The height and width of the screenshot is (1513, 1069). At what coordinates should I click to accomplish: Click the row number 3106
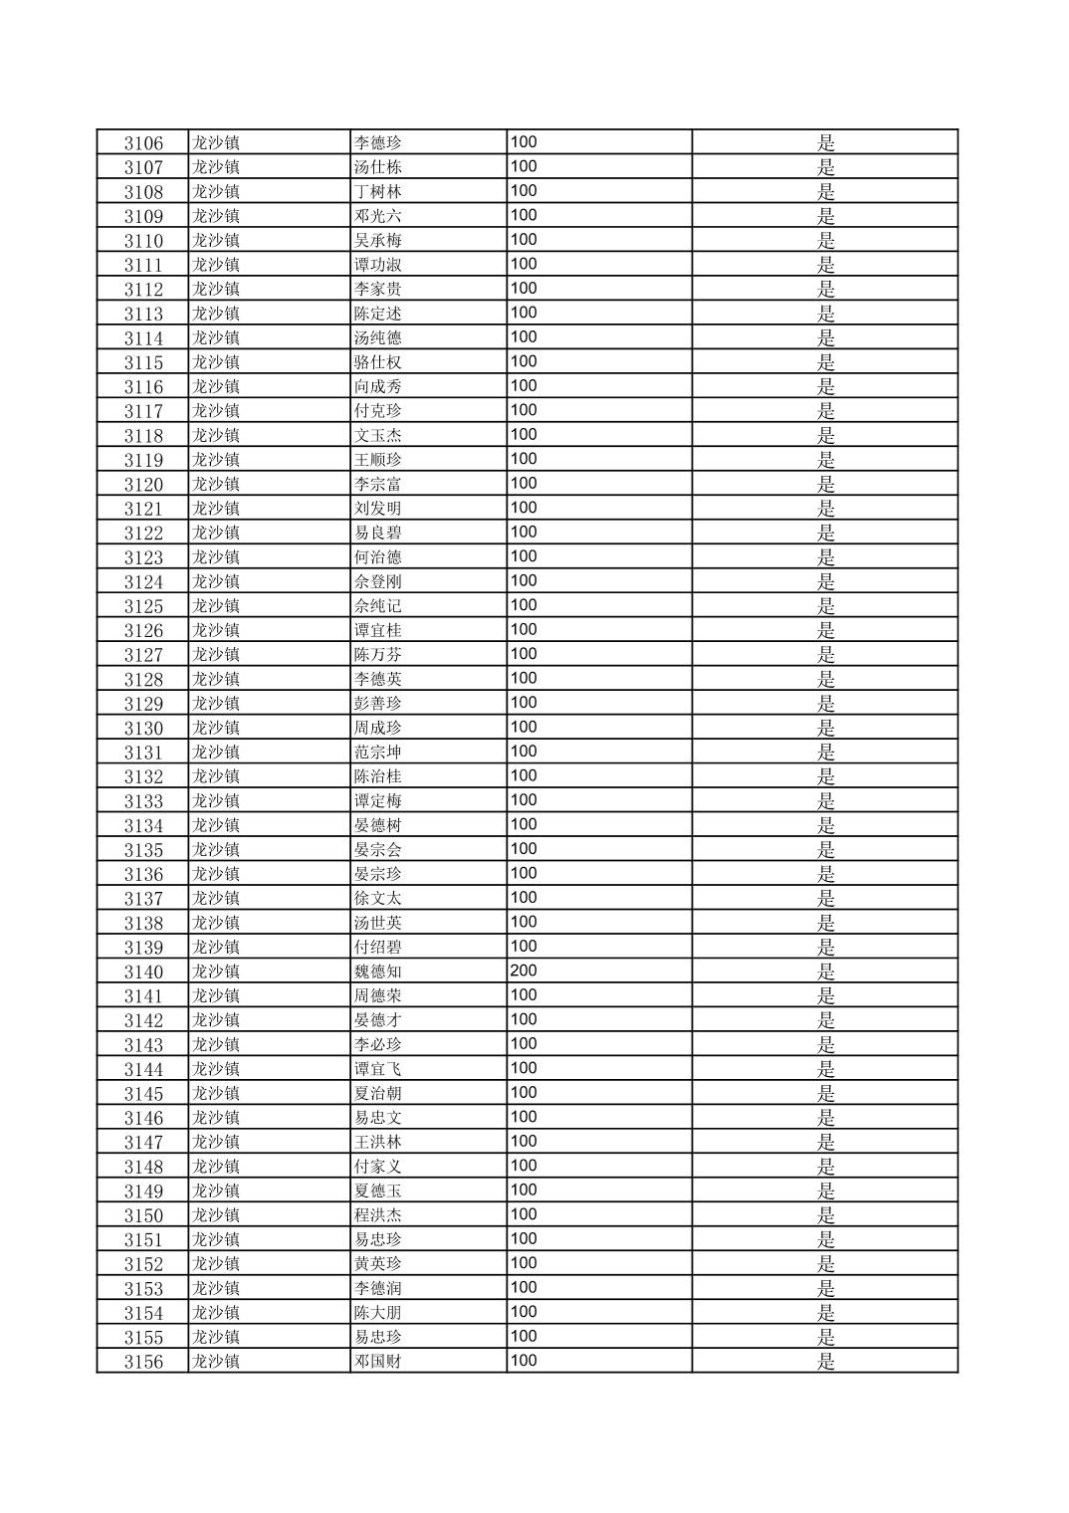[x=143, y=143]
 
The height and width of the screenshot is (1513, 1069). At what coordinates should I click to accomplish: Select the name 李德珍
[x=378, y=143]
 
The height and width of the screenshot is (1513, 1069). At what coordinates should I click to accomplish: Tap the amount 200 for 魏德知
[x=524, y=971]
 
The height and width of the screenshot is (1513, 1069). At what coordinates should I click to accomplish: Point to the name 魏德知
[x=378, y=972]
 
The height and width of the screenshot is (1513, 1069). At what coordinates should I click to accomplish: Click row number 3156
[x=143, y=1362]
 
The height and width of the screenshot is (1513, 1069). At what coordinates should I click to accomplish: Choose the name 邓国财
[x=378, y=1362]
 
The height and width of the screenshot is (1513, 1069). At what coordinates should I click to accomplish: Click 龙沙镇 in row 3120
[x=216, y=485]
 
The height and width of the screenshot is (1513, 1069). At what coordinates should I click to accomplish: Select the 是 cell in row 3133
[x=826, y=801]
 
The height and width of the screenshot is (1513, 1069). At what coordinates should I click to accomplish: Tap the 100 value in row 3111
[x=524, y=264]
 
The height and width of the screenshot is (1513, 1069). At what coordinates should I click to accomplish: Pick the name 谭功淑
[x=378, y=265]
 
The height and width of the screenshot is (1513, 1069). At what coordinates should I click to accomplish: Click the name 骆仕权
[x=378, y=362]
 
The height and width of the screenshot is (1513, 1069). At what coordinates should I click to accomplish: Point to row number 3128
[x=143, y=680]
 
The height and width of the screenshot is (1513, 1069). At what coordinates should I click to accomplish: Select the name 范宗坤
[x=378, y=753]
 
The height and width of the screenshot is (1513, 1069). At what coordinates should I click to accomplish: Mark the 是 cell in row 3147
[x=826, y=1143]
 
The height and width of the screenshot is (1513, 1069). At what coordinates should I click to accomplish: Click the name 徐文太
[x=378, y=899]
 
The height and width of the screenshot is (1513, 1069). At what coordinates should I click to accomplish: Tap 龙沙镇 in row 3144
[x=216, y=1069]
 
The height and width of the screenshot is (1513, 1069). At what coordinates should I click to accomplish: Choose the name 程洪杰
[x=378, y=1215]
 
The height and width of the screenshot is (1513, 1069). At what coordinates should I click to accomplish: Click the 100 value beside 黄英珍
[x=524, y=1263]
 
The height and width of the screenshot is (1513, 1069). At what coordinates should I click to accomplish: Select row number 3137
[x=143, y=899]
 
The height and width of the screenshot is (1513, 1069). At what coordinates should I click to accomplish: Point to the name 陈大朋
[x=378, y=1313]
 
